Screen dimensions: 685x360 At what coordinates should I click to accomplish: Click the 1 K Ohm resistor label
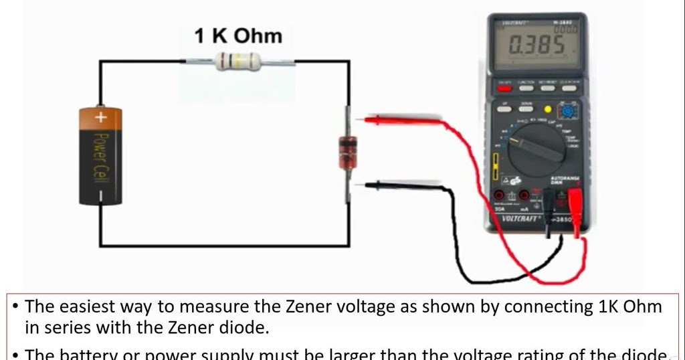click(x=238, y=35)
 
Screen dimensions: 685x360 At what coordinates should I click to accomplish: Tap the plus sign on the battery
click(x=101, y=118)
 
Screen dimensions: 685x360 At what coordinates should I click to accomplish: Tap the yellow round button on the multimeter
click(x=547, y=109)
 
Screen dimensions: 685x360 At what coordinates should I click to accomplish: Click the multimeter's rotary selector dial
click(x=536, y=150)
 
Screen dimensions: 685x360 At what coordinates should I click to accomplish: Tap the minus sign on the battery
click(x=101, y=196)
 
